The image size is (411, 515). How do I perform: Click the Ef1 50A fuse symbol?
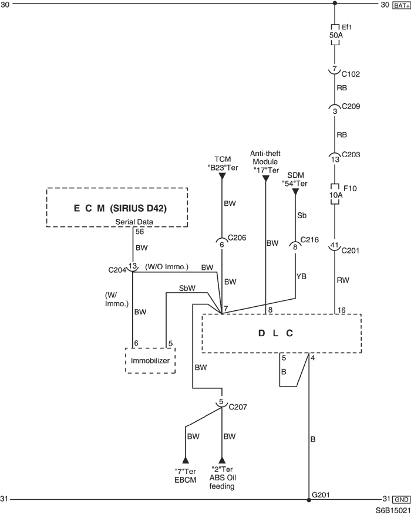pos(335,35)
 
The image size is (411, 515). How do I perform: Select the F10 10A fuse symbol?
pos(335,194)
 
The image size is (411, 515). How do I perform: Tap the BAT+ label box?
pos(401,5)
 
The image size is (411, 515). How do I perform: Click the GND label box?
pos(402,500)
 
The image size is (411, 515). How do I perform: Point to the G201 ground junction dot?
pos(309,500)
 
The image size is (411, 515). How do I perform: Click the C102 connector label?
pos(351,74)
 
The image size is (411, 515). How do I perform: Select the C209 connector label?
pos(351,106)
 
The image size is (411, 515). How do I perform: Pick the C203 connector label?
pos(351,154)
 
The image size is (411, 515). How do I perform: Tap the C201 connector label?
pos(350,251)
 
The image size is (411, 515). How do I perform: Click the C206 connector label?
pos(237,238)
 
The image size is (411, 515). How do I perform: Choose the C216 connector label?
pos(309,240)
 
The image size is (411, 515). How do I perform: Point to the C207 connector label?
pos(238,407)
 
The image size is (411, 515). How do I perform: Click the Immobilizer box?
pos(150,360)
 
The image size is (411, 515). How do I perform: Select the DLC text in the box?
pos(275,333)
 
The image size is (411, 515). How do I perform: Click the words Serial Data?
pos(134,222)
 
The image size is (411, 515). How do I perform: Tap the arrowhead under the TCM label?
pos(222,176)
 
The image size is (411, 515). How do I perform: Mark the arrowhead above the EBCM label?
pos(186,459)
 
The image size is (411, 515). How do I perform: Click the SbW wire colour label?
pos(187,289)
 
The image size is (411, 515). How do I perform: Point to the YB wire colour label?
pos(301,276)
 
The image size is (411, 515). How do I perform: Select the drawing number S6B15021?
pos(393,510)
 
